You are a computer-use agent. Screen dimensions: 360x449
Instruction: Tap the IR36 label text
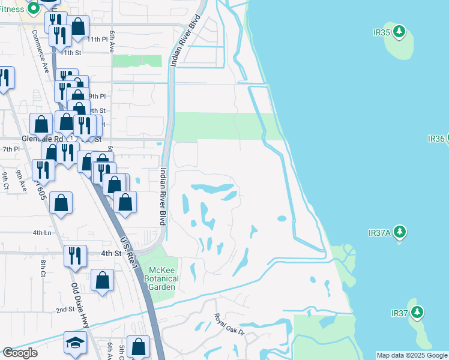click(x=436, y=139)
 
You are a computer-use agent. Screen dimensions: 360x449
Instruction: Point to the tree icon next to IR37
click(x=417, y=313)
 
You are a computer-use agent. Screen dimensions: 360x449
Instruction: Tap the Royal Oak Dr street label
click(x=230, y=325)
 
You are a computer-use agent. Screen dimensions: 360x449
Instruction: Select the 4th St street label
click(x=111, y=253)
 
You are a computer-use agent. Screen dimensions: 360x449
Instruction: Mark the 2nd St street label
click(x=65, y=310)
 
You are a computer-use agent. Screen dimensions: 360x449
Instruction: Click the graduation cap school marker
click(x=75, y=342)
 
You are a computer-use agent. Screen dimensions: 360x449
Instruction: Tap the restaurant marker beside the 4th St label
click(x=75, y=254)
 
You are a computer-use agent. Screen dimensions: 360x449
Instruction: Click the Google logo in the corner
click(x=20, y=353)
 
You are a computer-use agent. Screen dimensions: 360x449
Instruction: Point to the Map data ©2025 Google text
click(x=412, y=355)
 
